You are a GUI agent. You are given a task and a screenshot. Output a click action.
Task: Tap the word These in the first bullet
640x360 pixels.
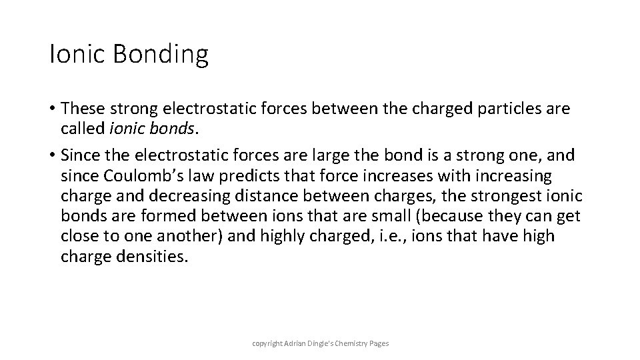[83, 108]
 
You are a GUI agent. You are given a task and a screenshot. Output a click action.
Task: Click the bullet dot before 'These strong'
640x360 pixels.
[53, 109]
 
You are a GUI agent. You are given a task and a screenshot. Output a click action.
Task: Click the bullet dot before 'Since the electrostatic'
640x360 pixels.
[53, 156]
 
